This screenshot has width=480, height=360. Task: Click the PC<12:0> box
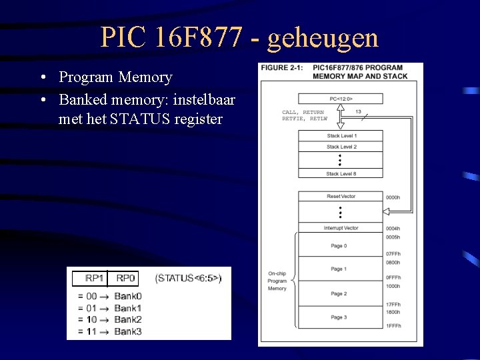click(341, 99)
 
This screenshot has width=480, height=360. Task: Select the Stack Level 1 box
click(341, 135)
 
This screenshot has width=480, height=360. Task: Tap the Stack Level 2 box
click(341, 147)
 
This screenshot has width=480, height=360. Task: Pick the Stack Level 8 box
click(341, 173)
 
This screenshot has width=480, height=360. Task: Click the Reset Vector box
click(341, 197)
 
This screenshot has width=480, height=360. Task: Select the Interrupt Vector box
click(341, 228)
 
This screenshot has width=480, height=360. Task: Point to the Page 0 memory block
click(339, 246)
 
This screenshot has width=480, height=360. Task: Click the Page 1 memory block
click(339, 269)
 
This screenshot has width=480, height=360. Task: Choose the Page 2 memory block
click(339, 293)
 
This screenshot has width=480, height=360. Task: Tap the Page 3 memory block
click(339, 317)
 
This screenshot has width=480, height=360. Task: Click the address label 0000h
click(393, 197)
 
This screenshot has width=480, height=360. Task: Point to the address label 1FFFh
click(393, 325)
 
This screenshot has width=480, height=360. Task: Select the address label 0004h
click(393, 229)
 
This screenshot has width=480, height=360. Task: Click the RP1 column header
click(95, 278)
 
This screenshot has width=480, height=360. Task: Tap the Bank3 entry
click(128, 331)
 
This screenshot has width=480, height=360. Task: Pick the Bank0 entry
click(128, 296)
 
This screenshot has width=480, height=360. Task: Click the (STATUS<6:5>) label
click(188, 278)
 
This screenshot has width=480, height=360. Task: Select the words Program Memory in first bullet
click(115, 77)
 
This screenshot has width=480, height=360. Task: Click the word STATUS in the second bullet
click(141, 120)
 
